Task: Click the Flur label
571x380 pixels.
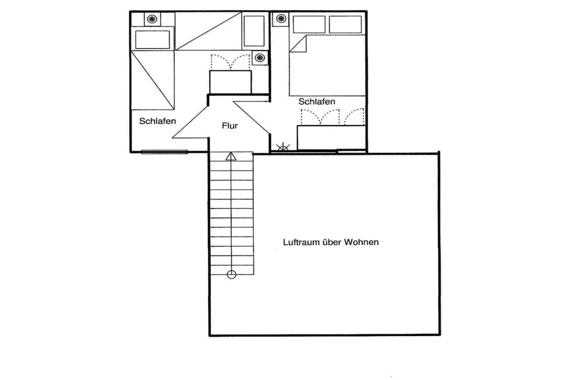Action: [230, 126]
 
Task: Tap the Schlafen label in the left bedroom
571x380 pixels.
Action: [158, 121]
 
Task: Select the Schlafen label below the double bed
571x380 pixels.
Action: [316, 102]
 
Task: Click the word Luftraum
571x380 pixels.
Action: [301, 242]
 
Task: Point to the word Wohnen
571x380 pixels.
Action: [361, 242]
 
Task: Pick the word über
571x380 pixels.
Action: [332, 242]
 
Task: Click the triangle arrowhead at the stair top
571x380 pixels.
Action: [231, 156]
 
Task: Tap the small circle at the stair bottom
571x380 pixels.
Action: [231, 275]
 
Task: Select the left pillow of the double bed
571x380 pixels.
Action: [309, 25]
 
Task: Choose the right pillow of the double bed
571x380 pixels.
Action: [345, 25]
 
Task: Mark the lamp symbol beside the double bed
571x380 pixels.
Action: [281, 18]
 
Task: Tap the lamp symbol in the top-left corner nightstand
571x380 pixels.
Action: [152, 19]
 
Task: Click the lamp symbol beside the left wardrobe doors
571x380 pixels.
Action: [260, 58]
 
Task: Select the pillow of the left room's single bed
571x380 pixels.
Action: [153, 39]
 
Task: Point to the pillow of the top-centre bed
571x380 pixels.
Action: [254, 31]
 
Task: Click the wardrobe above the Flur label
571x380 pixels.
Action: [230, 82]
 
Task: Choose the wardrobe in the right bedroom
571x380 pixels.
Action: [331, 137]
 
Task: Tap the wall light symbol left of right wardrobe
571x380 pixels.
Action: [283, 148]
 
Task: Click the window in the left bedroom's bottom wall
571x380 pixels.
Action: [164, 152]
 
